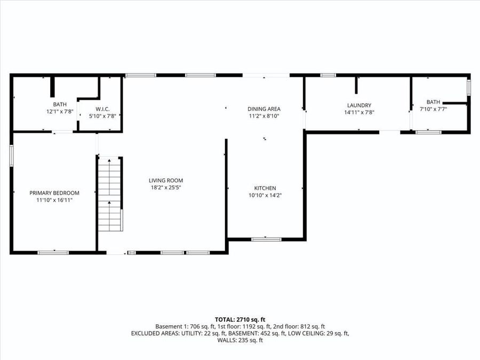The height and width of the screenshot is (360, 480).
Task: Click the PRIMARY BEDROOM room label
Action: [x=54, y=193]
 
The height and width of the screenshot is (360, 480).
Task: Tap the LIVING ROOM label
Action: [x=166, y=180]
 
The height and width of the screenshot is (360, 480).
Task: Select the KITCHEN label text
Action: [x=265, y=188]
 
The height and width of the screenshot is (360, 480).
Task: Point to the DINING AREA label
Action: [x=264, y=109]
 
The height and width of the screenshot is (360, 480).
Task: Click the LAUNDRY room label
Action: [x=358, y=106]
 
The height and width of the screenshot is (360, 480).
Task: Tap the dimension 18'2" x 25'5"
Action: [x=166, y=188]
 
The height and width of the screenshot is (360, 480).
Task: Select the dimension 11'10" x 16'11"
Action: [x=54, y=200]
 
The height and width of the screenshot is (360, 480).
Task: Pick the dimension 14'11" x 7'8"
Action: [x=358, y=113]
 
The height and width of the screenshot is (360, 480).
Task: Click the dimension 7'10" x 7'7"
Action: [x=433, y=109]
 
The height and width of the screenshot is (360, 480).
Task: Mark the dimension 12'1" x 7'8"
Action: [x=60, y=111]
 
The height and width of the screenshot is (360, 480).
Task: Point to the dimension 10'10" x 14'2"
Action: [x=265, y=195]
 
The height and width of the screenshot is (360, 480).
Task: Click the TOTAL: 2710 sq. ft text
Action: [x=239, y=318]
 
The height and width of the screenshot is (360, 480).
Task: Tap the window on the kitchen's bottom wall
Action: [x=266, y=239]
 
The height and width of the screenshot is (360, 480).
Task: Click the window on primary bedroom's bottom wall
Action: [x=53, y=252]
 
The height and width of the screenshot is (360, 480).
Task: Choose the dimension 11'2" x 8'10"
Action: [x=264, y=116]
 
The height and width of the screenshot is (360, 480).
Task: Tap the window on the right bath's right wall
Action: [x=469, y=87]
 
